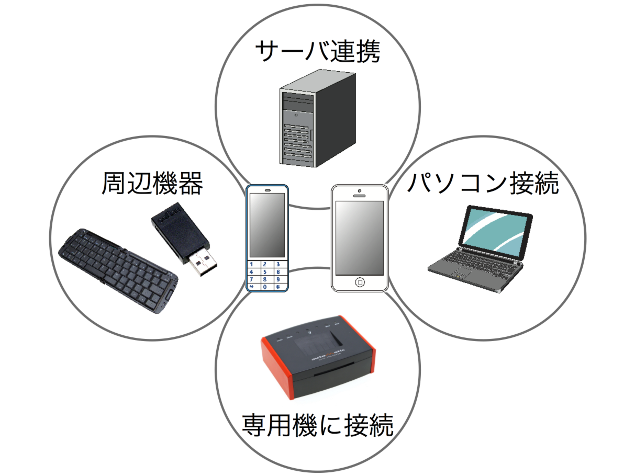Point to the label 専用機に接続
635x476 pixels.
(x=317, y=425)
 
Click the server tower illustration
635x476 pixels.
(x=317, y=119)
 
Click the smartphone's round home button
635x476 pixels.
(x=360, y=282)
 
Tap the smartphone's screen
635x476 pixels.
(x=359, y=237)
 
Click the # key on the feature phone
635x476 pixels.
(x=278, y=287)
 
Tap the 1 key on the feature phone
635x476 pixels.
(x=252, y=265)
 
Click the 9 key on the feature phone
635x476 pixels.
(x=278, y=279)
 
